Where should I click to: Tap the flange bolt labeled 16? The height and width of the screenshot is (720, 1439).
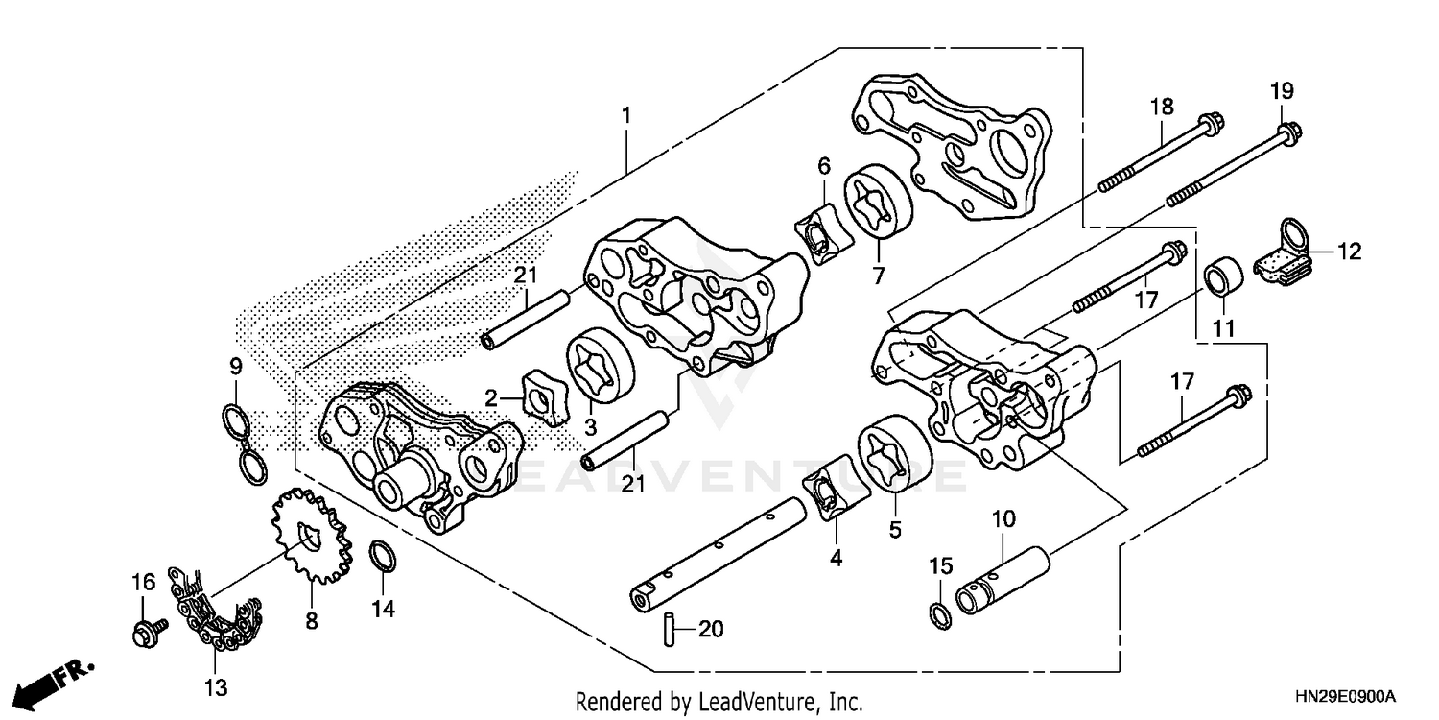[147, 631]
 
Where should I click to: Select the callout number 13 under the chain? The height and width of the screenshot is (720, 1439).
[215, 686]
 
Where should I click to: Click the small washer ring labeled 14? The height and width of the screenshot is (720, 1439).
[382, 557]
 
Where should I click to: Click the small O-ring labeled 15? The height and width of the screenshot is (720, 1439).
[940, 612]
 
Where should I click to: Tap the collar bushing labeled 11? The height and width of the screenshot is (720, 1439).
[1224, 276]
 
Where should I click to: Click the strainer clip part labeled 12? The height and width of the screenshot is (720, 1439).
[1286, 254]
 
